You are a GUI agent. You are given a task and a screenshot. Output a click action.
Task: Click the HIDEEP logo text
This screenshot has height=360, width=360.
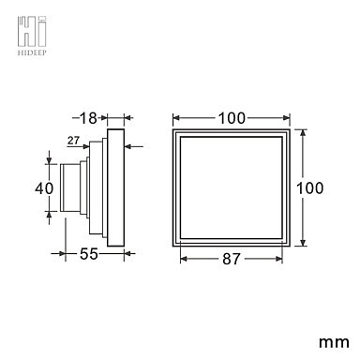click(x=32, y=52)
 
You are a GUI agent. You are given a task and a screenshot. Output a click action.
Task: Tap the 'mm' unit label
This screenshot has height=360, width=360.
click(x=334, y=342)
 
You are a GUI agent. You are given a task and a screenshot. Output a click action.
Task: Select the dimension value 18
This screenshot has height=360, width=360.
click(x=88, y=118)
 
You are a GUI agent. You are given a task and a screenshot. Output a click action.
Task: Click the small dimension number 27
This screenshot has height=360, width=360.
click(x=73, y=141)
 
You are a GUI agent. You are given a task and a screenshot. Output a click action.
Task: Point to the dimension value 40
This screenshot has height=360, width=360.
click(x=44, y=188)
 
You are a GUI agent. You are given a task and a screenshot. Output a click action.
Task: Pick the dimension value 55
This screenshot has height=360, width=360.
click(x=89, y=254)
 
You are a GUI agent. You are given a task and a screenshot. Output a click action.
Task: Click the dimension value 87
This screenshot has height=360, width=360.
click(x=232, y=259)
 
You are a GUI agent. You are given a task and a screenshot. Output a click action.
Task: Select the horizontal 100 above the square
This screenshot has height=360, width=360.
click(x=232, y=118)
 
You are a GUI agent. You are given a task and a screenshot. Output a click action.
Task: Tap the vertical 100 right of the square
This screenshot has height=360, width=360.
click(x=309, y=188)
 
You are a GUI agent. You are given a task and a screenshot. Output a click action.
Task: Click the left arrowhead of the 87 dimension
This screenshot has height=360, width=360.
click(x=184, y=259)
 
